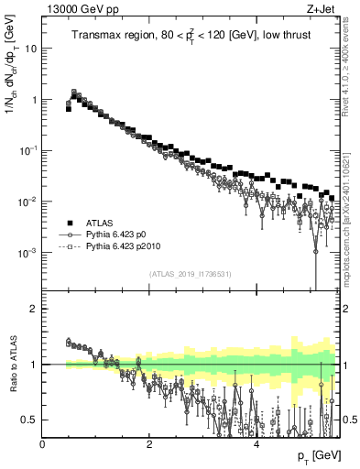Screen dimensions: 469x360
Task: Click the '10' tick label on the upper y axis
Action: pyautogui.click(x=29, y=48)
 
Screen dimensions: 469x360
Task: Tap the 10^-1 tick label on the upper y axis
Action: pyautogui.click(x=27, y=149)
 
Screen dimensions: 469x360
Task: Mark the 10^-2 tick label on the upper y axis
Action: pyautogui.click(x=27, y=201)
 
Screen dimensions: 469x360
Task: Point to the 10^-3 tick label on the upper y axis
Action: pyautogui.click(x=27, y=252)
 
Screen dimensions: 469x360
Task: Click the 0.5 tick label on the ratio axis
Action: pyautogui.click(x=29, y=420)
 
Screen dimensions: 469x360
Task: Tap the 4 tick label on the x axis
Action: pyautogui.click(x=256, y=444)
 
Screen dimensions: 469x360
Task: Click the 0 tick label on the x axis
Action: pyautogui.click(x=43, y=444)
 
